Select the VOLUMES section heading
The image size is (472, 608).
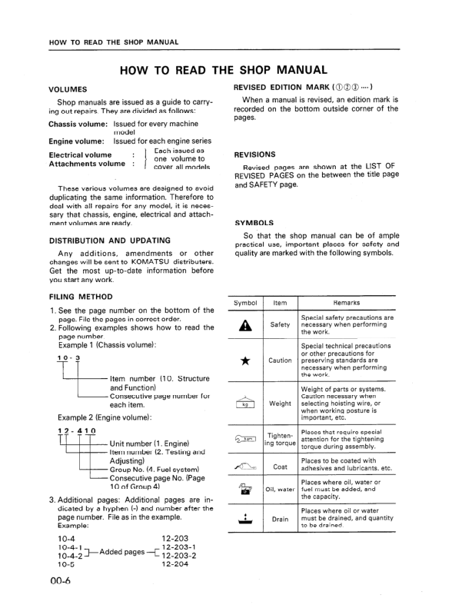point(68,88)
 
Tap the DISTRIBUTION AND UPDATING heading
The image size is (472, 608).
point(104,240)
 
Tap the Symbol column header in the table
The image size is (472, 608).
point(246,304)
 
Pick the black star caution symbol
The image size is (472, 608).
point(246,360)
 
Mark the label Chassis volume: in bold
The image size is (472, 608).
point(78,123)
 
